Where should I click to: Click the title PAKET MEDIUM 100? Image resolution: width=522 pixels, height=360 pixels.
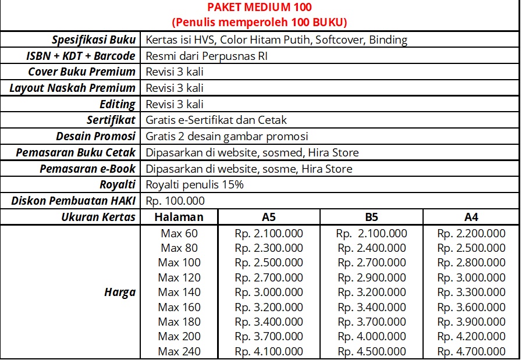[x=259, y=8]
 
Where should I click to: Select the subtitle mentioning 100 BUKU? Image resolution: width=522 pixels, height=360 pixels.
[x=259, y=23]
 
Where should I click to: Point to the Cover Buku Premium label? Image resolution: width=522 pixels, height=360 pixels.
[x=82, y=72]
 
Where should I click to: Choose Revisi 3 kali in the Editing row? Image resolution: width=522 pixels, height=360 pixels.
[x=175, y=105]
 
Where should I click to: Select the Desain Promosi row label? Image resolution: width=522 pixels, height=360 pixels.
[x=95, y=137]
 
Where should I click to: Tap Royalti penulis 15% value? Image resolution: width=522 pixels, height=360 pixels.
[x=194, y=185]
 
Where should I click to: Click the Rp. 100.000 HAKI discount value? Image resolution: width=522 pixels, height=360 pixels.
[x=175, y=201]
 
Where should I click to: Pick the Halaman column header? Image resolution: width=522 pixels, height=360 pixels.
[x=179, y=218]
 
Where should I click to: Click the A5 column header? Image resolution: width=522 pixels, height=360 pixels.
[x=269, y=218]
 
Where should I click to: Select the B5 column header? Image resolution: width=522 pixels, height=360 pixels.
[x=371, y=218]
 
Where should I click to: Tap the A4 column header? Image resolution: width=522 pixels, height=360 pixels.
[x=471, y=218]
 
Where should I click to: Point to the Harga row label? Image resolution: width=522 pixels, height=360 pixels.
[x=120, y=293]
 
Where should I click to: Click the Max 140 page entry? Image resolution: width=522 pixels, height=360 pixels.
[x=179, y=293]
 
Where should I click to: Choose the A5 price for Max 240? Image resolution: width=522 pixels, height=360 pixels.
[x=269, y=351]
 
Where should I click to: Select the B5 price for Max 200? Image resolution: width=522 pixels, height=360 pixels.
[x=371, y=337]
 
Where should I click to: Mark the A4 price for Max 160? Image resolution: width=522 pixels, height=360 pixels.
[x=471, y=307]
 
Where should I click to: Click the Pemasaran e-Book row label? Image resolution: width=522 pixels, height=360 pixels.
[x=87, y=169]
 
